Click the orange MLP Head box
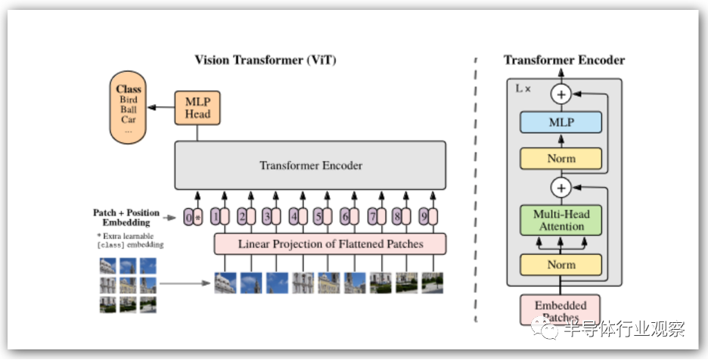point(197,108)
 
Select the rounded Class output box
point(129,107)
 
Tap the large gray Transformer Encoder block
point(310,166)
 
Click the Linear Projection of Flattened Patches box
point(330,244)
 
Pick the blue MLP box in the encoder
point(560,123)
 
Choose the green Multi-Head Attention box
point(560,220)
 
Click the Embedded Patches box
point(560,310)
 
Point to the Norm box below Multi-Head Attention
point(560,265)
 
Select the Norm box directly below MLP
point(560,159)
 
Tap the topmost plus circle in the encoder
point(560,95)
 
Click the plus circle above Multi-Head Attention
point(560,188)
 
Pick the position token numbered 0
point(188,217)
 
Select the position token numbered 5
point(318,217)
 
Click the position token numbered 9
point(424,217)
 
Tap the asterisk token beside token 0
point(197,217)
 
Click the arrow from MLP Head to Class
point(161,107)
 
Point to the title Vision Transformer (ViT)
point(265,60)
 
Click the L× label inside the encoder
point(523,88)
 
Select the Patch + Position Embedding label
point(126,217)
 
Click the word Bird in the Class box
point(129,99)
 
